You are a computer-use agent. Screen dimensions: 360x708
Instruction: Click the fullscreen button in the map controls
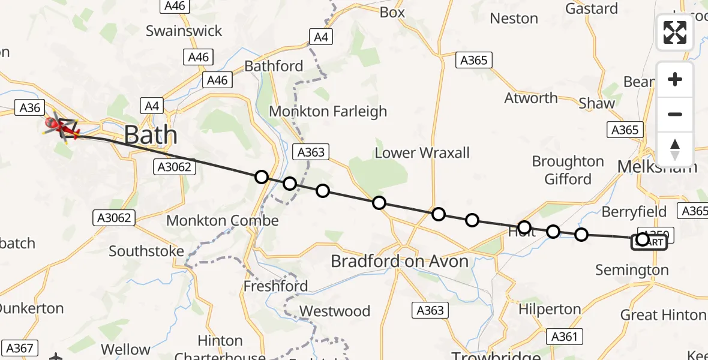(x=674, y=32)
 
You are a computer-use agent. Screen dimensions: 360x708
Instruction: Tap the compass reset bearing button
(x=674, y=149)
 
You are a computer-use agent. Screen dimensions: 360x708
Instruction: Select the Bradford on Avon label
(x=400, y=261)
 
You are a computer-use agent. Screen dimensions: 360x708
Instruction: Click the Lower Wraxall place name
(x=422, y=152)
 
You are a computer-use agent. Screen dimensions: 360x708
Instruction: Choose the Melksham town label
(x=658, y=166)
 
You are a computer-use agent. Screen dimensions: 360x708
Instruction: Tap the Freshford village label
(x=275, y=286)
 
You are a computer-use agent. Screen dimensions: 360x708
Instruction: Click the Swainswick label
(x=184, y=31)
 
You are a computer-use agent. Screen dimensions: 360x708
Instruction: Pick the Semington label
(x=632, y=270)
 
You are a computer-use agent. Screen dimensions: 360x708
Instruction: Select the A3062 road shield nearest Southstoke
(x=114, y=218)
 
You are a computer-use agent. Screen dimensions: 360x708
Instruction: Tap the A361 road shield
(x=565, y=337)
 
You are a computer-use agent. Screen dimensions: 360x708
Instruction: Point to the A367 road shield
(x=20, y=348)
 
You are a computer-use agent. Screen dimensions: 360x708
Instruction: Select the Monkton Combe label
(x=222, y=220)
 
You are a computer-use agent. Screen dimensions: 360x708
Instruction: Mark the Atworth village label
(x=531, y=98)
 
